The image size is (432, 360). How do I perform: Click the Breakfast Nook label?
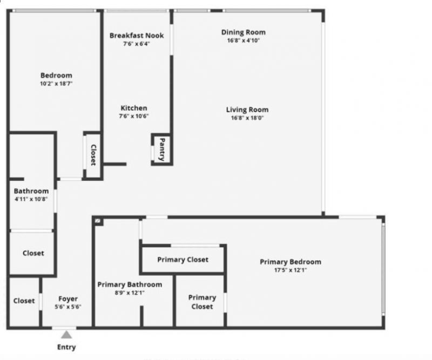pos(137,36)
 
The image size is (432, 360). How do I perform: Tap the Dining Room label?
pos(244,32)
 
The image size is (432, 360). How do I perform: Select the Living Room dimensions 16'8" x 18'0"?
pos(247,118)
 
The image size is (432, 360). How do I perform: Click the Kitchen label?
pos(134,108)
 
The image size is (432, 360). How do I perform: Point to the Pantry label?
pos(161,149)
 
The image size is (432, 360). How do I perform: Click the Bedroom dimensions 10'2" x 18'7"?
pos(56,84)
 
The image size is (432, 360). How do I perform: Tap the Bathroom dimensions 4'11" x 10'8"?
pos(31,199)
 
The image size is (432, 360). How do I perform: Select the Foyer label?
pos(68,298)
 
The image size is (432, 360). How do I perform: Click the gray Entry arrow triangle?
pos(66,335)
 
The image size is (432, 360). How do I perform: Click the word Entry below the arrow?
pos(66,347)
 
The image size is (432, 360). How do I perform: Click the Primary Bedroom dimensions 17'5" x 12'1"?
pos(291,270)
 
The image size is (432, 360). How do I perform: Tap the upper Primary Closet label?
pos(183,260)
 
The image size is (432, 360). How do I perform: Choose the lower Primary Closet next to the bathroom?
pos(202,302)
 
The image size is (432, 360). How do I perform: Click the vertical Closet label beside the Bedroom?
pos(93,155)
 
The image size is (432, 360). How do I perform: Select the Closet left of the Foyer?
pos(24,301)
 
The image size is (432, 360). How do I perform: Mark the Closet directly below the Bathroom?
pos(33,253)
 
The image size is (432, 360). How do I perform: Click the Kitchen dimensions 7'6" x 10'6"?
pos(134,116)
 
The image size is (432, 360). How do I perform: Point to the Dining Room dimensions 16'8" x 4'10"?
pos(244,40)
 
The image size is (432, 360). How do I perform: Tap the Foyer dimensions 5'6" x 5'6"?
pos(68,307)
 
